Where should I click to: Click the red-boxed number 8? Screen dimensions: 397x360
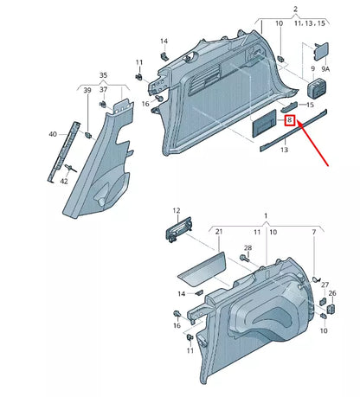pos(291,121)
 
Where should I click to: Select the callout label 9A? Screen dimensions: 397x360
pos(325,68)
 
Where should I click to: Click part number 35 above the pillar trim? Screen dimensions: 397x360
pos(104,75)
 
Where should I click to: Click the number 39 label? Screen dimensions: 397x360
pos(87,90)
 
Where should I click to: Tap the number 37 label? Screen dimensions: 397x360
pos(104,90)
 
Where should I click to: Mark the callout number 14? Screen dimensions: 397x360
pos(164,41)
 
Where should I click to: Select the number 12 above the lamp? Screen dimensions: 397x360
pos(177,210)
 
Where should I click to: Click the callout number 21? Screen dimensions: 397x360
pos(219,232)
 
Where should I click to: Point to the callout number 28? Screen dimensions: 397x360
pos(247,248)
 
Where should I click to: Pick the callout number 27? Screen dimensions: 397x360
pos(325,284)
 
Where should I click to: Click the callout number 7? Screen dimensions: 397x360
pos(314,232)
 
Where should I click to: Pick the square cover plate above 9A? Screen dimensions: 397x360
pos(322,53)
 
